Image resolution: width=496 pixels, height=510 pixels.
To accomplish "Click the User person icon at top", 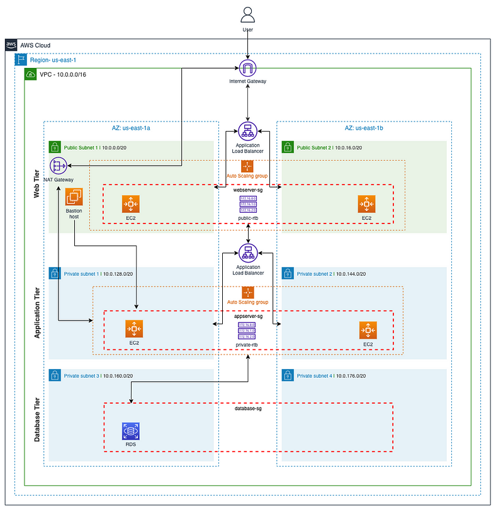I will pyautogui.click(x=248, y=14).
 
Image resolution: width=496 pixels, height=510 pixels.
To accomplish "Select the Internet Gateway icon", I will pyautogui.click(x=248, y=69).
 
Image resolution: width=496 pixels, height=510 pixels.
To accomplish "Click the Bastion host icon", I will pyautogui.click(x=74, y=198).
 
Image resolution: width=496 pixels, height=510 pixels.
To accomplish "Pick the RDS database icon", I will pyautogui.click(x=130, y=432).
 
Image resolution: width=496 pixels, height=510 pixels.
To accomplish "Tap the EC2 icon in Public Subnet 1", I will pyautogui.click(x=130, y=204).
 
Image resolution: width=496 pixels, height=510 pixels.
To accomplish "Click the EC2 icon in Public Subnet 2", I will pyautogui.click(x=366, y=204).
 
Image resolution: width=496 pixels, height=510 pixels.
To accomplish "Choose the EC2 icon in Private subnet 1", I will pyautogui.click(x=134, y=329).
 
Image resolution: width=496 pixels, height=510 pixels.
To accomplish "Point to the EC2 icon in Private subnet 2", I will pyautogui.click(x=368, y=329).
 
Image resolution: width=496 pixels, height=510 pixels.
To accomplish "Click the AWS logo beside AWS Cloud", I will pyautogui.click(x=11, y=45).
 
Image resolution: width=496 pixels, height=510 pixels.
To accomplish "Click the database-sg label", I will pyautogui.click(x=248, y=409).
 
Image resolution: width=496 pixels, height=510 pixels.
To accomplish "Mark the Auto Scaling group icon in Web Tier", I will pyautogui.click(x=247, y=166).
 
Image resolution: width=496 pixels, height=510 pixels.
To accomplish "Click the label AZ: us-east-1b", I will pyautogui.click(x=364, y=128).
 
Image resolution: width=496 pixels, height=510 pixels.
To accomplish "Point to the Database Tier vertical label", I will pyautogui.click(x=37, y=418).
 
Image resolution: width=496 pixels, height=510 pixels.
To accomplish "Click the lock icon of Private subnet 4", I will pyautogui.click(x=286, y=376).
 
